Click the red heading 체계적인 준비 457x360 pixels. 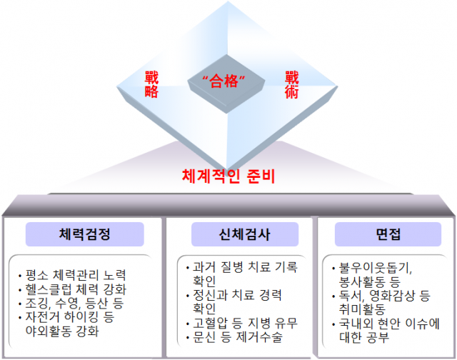click(228, 174)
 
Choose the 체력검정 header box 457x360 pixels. click(85, 234)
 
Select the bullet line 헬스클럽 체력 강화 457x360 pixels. click(74, 289)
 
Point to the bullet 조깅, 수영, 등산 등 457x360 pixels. click(72, 304)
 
